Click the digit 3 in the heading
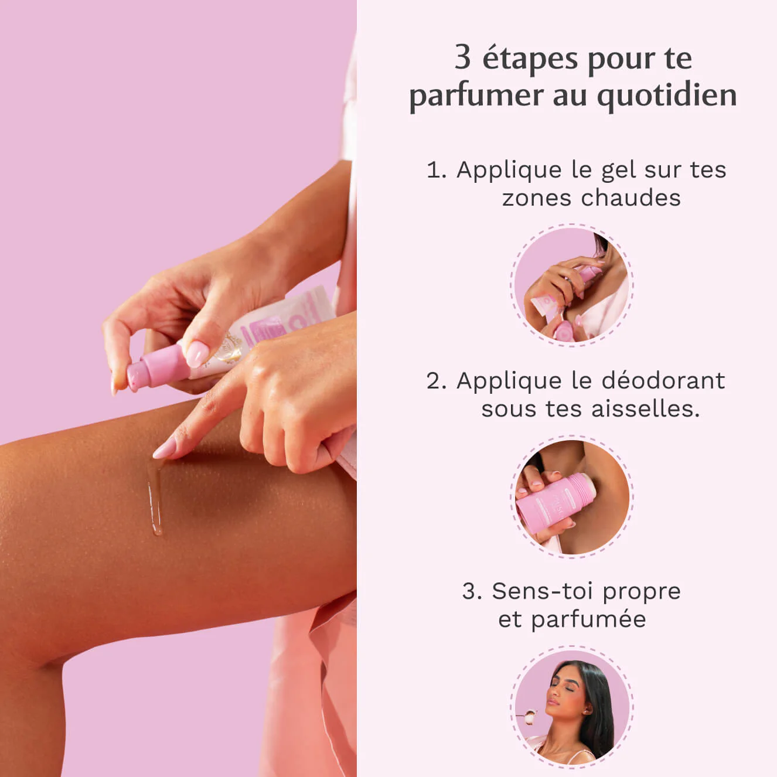462,58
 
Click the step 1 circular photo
571,285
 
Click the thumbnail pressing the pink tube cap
196,353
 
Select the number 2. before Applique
437,381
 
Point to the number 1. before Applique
437,171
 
